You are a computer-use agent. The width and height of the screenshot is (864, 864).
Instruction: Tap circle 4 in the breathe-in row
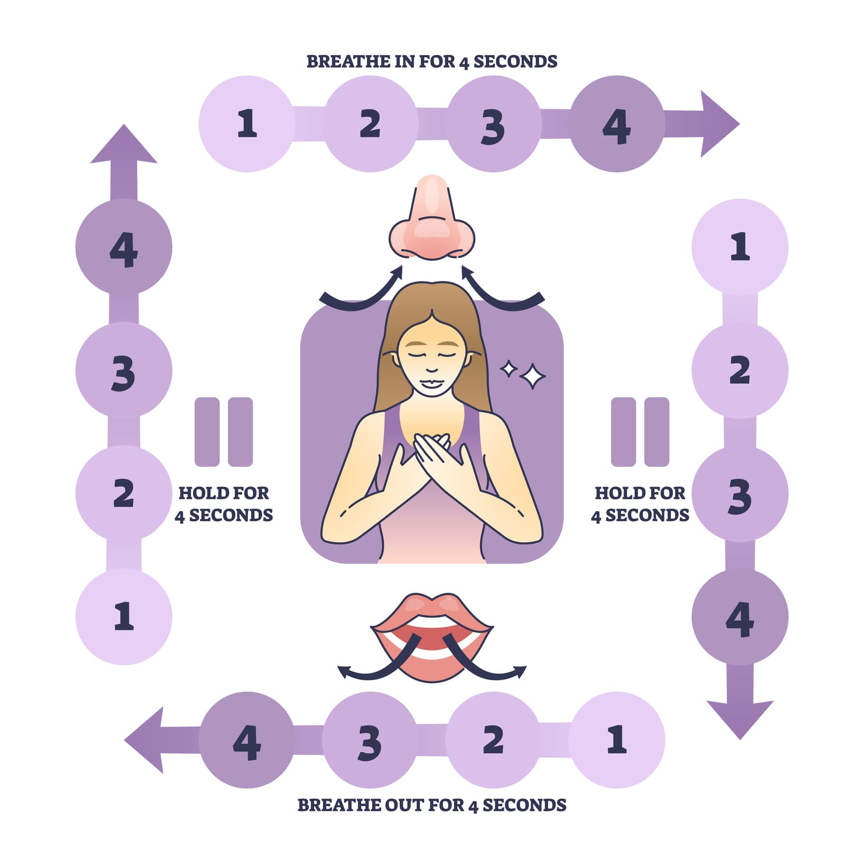(617, 124)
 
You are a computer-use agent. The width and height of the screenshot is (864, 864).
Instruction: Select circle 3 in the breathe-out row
(370, 740)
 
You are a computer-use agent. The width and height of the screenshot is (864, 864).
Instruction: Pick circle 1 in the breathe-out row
(617, 740)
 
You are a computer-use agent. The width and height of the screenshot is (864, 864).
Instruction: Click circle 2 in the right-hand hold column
(740, 370)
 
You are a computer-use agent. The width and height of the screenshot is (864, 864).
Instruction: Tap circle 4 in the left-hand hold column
(124, 247)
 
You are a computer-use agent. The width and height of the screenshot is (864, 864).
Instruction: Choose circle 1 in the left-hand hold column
(124, 617)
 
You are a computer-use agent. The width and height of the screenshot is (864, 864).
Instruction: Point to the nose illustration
(432, 219)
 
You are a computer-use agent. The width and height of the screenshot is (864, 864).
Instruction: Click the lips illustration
(432, 636)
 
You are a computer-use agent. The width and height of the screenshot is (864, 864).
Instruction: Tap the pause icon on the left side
(223, 432)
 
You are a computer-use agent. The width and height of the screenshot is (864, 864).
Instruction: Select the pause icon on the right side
(640, 432)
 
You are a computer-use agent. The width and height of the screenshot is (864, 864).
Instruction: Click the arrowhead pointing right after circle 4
(718, 124)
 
